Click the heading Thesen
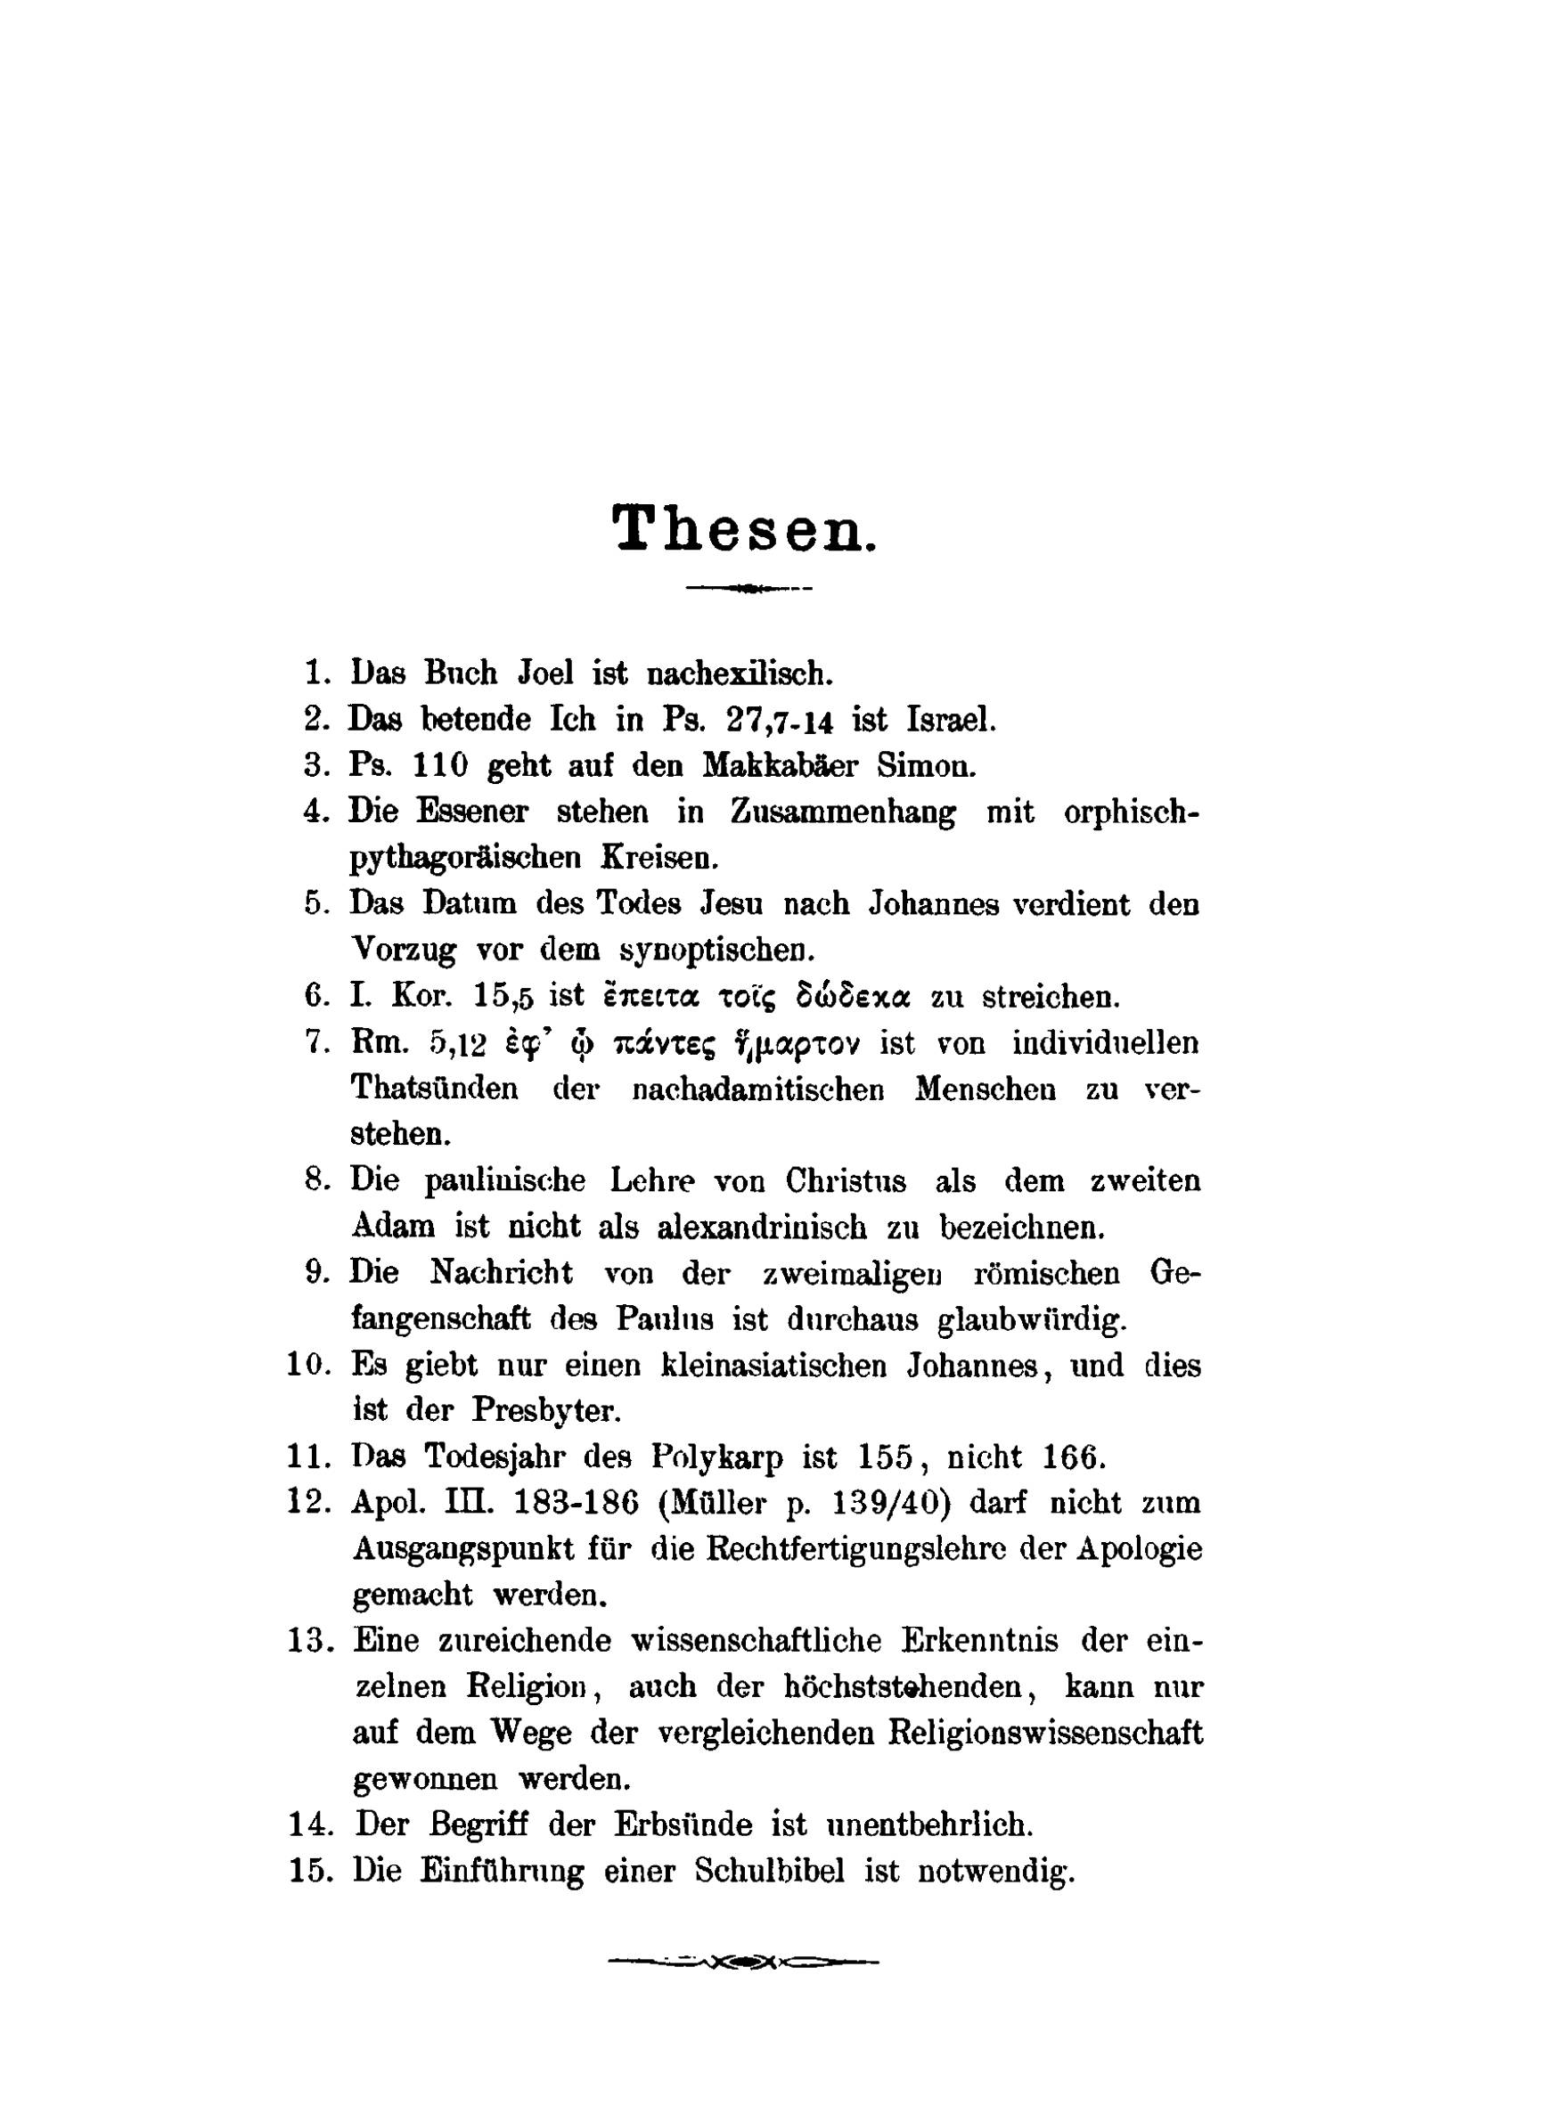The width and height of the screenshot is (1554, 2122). click(744, 528)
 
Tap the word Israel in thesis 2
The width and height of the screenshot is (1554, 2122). click(950, 719)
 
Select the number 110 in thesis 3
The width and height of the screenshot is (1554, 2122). click(440, 765)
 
